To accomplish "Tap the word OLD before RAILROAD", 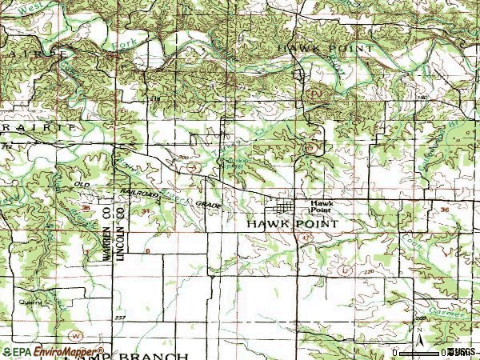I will point(82,185).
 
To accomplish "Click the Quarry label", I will point(30,303).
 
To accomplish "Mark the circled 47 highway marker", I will point(310,147).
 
